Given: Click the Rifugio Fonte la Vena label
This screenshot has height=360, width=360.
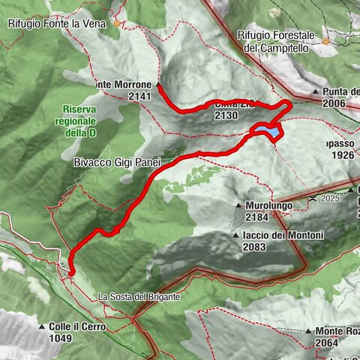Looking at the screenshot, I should point(59,23).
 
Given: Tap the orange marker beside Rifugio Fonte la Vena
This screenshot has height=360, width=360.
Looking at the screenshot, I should point(118,24).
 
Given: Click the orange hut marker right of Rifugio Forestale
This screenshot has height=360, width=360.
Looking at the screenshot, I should point(326,42).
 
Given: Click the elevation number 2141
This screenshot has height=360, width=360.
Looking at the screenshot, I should point(139,96).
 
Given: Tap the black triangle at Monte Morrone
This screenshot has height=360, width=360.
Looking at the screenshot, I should point(159,85).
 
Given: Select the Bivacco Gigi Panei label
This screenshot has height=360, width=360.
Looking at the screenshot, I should point(117,161).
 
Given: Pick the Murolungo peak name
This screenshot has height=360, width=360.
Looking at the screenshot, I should point(268,205).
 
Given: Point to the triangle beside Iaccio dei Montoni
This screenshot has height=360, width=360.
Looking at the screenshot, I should point(235,235).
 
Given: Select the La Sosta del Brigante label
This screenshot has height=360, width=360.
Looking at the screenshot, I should point(139,297).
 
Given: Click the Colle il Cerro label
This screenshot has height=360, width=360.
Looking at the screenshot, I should point(78,327).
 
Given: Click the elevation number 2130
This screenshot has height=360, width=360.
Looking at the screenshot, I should point(226,116).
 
